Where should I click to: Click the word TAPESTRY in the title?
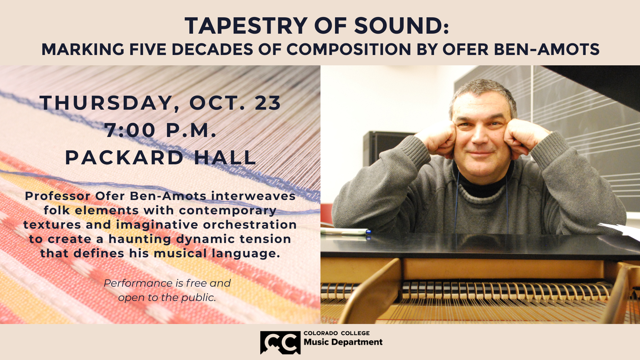(x=246, y=26)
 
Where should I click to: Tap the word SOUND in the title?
(x=398, y=26)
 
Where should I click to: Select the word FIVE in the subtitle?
(x=148, y=49)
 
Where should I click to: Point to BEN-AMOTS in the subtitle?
(x=547, y=49)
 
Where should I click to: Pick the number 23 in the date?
(x=268, y=103)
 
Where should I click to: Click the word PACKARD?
(x=124, y=157)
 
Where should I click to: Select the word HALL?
(x=225, y=157)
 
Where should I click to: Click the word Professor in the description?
(x=58, y=196)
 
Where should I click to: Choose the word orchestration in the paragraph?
(x=250, y=225)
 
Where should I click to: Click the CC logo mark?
(x=280, y=342)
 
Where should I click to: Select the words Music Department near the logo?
(x=343, y=342)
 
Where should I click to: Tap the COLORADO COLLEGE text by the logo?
(x=337, y=333)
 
